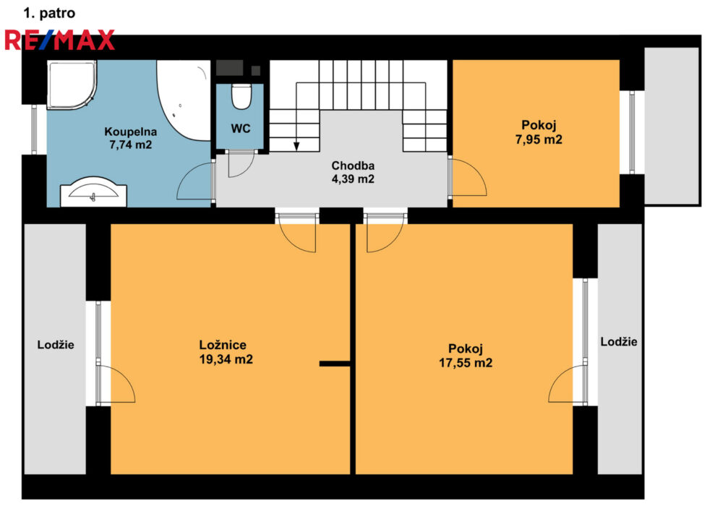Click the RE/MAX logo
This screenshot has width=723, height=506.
pyautogui.click(x=59, y=40)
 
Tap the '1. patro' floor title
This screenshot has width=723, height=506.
pyautogui.click(x=49, y=13)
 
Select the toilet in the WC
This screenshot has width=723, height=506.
pyautogui.click(x=241, y=96)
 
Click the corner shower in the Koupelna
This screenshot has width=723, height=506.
pyautogui.click(x=72, y=85)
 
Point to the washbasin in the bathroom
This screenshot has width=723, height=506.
pyautogui.click(x=93, y=192)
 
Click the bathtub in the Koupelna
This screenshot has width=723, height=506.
pyautogui.click(x=184, y=100)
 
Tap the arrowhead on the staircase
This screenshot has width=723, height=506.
pyautogui.click(x=296, y=147)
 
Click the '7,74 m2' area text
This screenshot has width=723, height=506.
pyautogui.click(x=130, y=145)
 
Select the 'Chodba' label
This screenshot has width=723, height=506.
pyautogui.click(x=353, y=166)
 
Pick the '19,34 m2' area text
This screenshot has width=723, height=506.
pyautogui.click(x=226, y=359)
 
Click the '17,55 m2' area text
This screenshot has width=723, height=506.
pyautogui.click(x=465, y=363)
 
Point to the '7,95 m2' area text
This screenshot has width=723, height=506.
pyautogui.click(x=539, y=140)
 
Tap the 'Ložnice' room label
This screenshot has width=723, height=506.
pyautogui.click(x=223, y=345)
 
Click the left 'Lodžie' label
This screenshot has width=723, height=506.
pyautogui.click(x=56, y=345)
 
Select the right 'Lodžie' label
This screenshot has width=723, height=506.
pyautogui.click(x=619, y=341)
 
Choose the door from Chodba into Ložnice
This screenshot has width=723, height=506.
pyautogui.click(x=297, y=233)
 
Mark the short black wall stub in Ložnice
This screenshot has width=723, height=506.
pyautogui.click(x=335, y=364)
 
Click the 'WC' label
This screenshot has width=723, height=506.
pyautogui.click(x=241, y=129)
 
